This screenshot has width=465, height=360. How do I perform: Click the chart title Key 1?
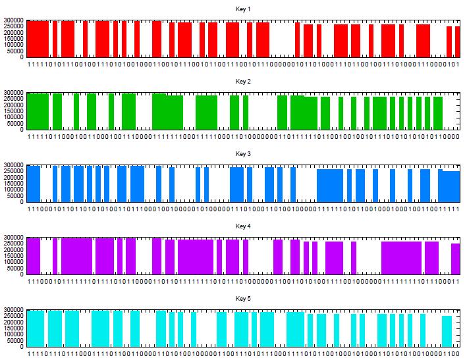click(244, 9)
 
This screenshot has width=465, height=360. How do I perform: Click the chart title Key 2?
click(244, 82)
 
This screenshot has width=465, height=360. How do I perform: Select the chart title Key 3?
click(244, 154)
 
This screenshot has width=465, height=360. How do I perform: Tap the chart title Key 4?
click(244, 226)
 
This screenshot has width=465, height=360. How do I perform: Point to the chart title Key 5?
click(244, 299)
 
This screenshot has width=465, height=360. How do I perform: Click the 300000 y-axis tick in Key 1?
click(13, 20)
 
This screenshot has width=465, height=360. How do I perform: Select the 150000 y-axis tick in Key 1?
click(13, 39)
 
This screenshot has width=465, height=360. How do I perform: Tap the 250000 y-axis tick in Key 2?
click(13, 99)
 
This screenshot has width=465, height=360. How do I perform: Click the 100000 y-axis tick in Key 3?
click(13, 190)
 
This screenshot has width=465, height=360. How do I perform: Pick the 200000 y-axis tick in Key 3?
click(13, 178)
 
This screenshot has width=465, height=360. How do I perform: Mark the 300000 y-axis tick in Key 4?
click(13, 238)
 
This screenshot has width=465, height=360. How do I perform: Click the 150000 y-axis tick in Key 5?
click(13, 328)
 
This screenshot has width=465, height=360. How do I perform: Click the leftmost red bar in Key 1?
click(38, 39)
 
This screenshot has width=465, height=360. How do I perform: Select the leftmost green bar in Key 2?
click(38, 111)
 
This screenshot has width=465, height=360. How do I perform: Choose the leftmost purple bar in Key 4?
click(34, 256)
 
